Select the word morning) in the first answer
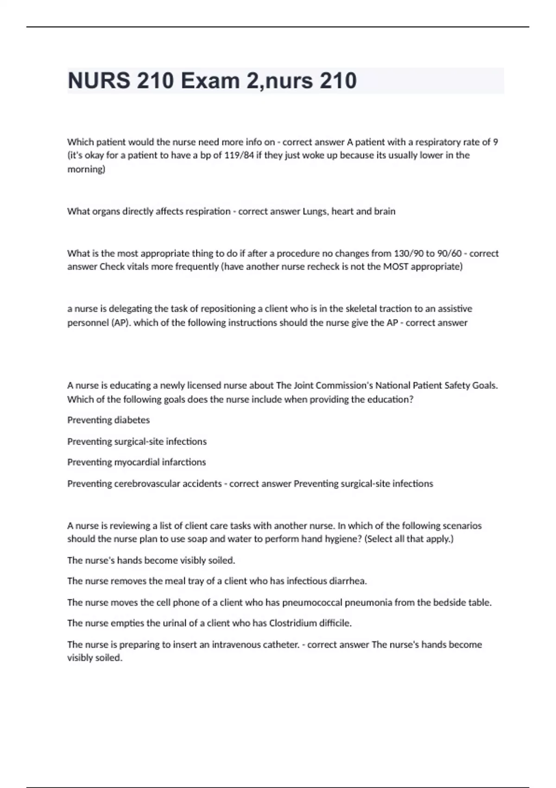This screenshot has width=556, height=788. [86, 169]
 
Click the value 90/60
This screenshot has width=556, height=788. [449, 254]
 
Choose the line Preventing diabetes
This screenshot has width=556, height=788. [108, 420]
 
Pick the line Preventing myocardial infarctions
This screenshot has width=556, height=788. [136, 462]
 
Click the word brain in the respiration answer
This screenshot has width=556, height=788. [385, 211]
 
